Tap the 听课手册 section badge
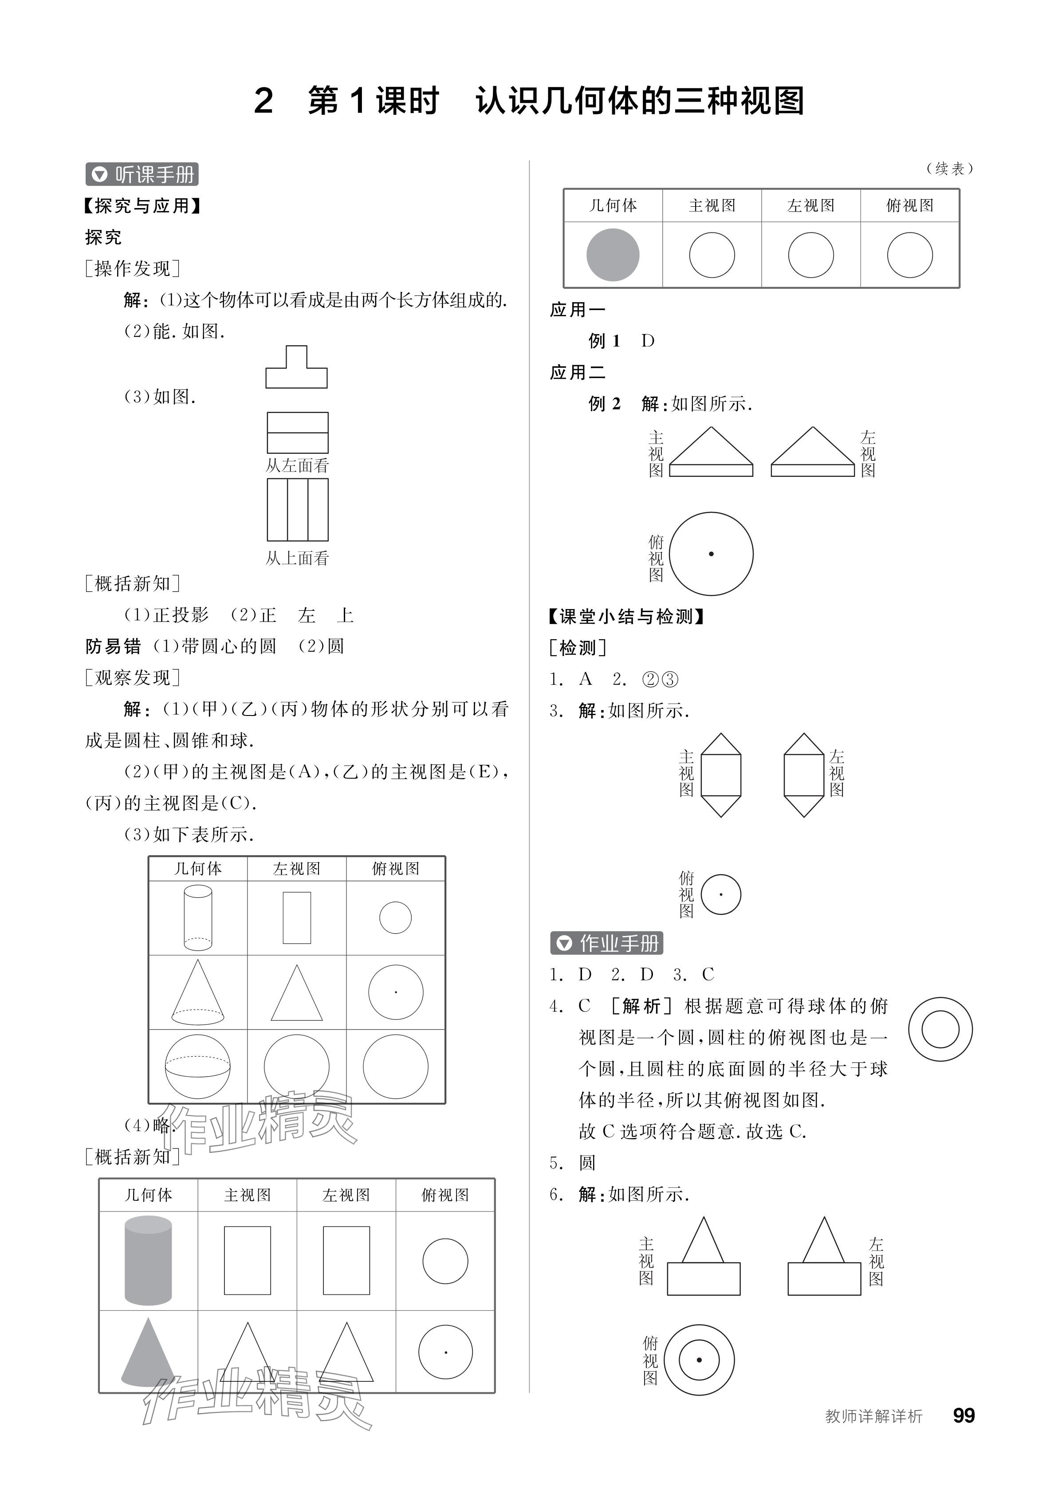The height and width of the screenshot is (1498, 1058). coord(142,174)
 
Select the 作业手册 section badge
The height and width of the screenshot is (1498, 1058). coord(606,943)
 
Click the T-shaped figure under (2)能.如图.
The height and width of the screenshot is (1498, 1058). coord(296,369)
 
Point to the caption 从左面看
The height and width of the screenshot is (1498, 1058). coord(297,465)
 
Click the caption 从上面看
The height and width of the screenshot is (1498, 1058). coord(297,558)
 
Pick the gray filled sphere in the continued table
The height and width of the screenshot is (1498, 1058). coord(613,255)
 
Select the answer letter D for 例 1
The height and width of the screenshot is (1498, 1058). coord(648,341)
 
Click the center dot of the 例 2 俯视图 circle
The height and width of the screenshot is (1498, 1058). coord(711,554)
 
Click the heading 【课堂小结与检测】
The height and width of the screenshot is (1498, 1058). coord(626,616)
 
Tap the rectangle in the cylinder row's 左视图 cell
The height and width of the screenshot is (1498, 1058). coord(297,918)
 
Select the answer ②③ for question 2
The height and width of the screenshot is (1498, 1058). coord(660,679)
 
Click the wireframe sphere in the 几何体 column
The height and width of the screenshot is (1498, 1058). coord(198,1067)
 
